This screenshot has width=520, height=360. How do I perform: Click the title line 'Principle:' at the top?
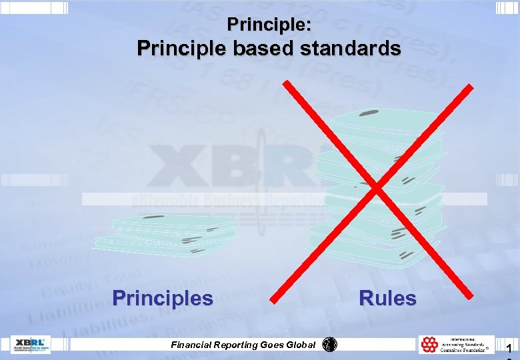click(269, 25)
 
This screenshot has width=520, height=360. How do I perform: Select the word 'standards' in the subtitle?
click(353, 49)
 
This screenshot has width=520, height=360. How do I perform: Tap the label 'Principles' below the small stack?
click(163, 297)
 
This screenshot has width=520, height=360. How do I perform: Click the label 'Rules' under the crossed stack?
click(387, 297)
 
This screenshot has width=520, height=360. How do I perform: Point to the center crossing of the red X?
click(377, 189)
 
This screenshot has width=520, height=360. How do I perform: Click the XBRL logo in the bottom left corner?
click(30, 344)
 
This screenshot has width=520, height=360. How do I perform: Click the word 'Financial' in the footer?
click(194, 345)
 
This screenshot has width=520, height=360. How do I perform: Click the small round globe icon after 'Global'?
click(329, 345)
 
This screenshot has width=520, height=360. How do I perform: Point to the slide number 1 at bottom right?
click(509, 348)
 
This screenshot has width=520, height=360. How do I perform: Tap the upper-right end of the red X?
click(471, 87)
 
